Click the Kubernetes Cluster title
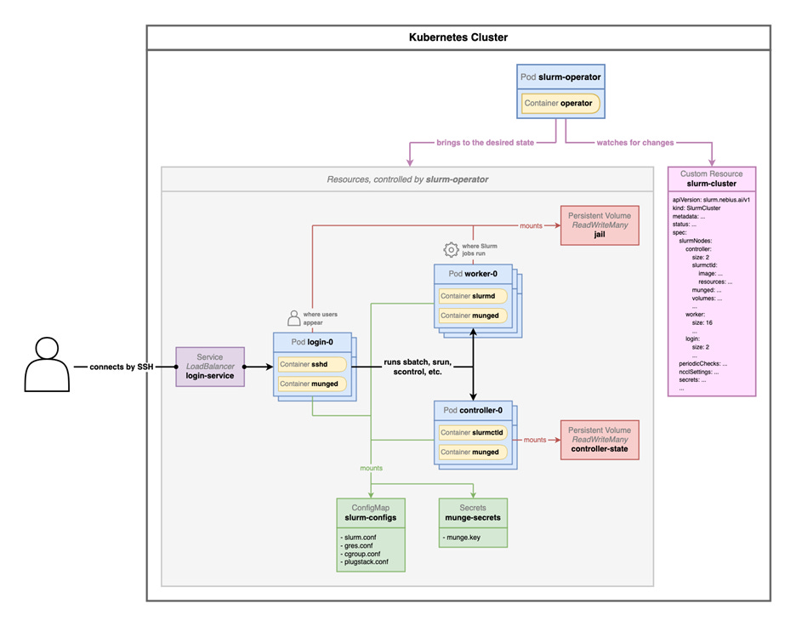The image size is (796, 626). tap(458, 37)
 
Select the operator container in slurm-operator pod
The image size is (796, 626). tap(561, 104)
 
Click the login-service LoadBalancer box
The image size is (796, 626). tap(210, 367)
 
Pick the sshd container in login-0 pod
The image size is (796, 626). tap(312, 364)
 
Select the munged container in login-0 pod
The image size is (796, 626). tap(312, 384)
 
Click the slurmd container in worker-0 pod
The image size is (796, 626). tap(473, 296)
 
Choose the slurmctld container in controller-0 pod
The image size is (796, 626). tap(473, 432)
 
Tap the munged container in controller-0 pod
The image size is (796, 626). tap(473, 452)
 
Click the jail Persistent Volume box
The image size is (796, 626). tap(600, 225)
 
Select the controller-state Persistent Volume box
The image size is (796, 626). tap(600, 440)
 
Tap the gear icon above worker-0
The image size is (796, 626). tap(451, 249)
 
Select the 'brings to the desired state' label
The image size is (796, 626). tap(486, 142)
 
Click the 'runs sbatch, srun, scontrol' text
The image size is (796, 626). tap(417, 367)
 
